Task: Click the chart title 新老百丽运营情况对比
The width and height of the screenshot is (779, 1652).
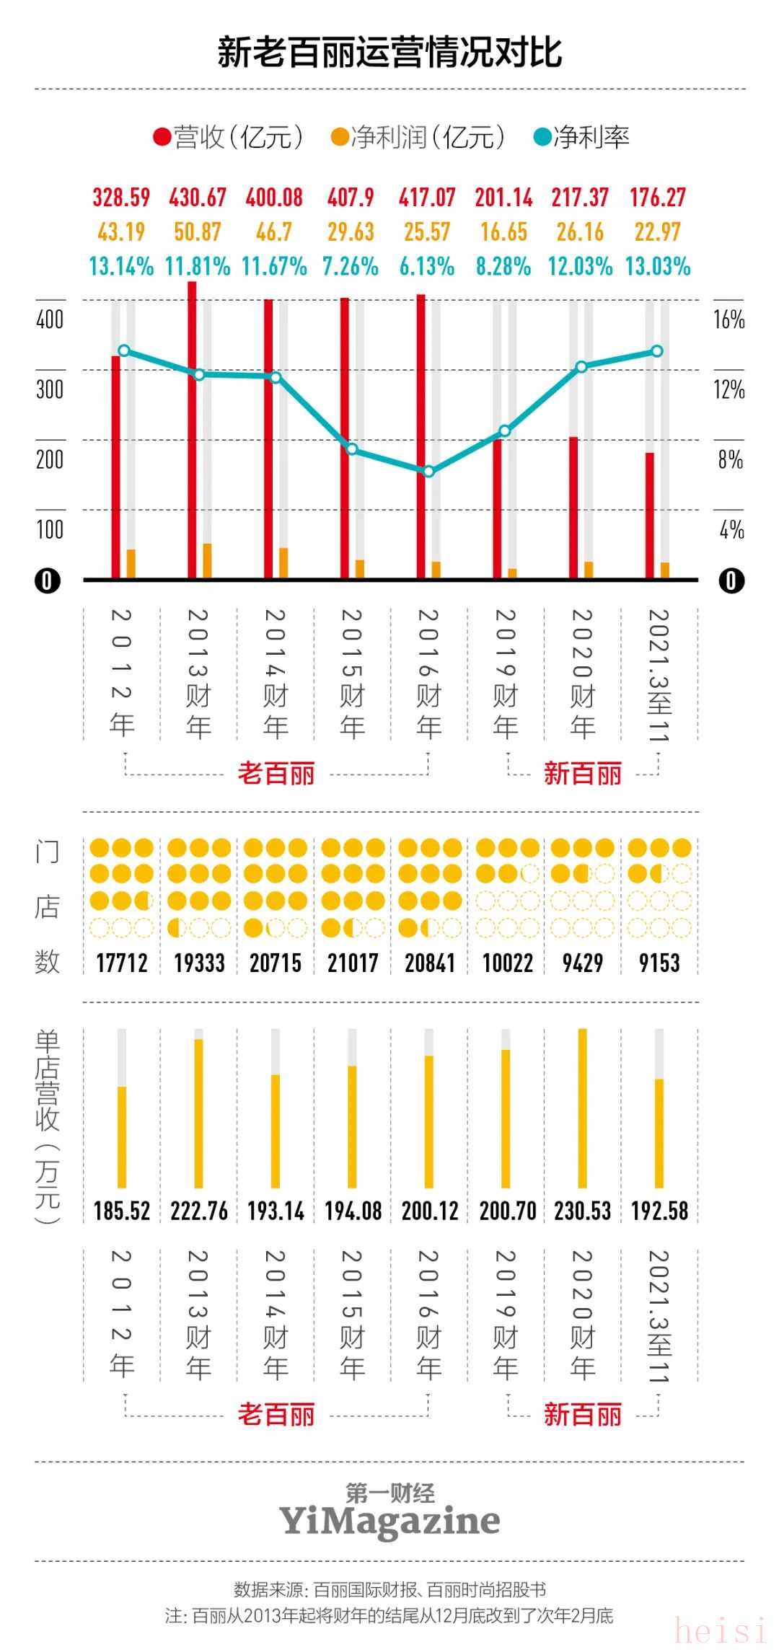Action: click(389, 53)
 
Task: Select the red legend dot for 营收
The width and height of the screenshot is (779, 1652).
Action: click(162, 137)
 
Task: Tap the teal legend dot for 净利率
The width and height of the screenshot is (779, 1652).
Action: click(542, 137)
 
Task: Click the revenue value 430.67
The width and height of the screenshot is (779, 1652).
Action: click(198, 198)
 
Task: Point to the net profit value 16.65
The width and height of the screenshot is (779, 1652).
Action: click(503, 232)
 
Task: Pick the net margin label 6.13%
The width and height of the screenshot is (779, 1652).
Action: click(427, 267)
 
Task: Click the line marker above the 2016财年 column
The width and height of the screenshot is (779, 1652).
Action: click(428, 472)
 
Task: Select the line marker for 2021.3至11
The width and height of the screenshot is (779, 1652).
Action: click(657, 351)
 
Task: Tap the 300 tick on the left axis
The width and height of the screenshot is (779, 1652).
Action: click(50, 390)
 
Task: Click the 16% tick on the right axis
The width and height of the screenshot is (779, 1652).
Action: click(729, 320)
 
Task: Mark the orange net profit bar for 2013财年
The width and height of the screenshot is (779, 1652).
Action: click(207, 561)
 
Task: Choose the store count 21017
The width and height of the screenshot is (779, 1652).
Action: click(353, 963)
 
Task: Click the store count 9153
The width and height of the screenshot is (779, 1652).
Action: click(659, 963)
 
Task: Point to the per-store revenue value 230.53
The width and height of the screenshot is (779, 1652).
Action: click(583, 1211)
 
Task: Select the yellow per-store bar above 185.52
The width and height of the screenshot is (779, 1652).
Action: click(122, 1136)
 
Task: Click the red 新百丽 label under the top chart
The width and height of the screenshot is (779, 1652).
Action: click(583, 774)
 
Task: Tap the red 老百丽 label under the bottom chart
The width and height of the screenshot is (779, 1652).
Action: click(276, 1415)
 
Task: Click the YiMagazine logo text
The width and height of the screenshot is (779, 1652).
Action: click(389, 1521)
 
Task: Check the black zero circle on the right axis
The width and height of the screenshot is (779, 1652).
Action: click(731, 580)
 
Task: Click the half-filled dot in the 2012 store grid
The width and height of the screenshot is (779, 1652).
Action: click(144, 901)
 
